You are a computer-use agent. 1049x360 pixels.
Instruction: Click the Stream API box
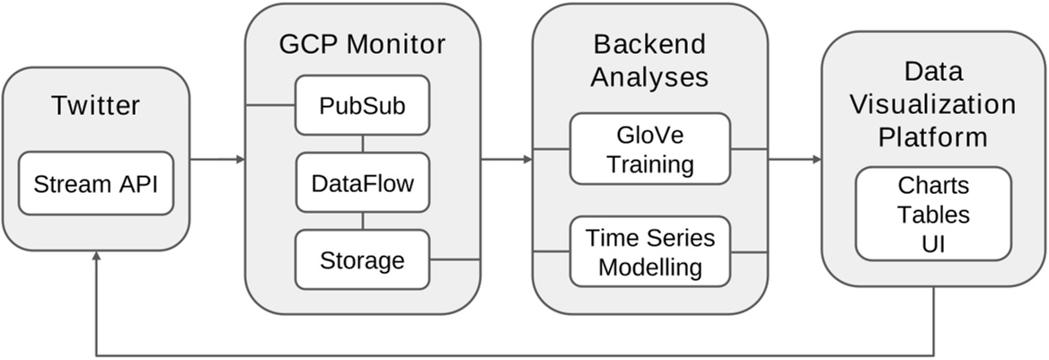point(95,184)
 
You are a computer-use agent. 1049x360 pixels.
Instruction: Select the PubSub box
point(362,106)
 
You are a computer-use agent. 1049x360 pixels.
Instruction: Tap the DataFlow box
point(362,184)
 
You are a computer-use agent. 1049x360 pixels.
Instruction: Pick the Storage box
point(362,260)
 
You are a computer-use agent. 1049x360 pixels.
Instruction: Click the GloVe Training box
point(650,150)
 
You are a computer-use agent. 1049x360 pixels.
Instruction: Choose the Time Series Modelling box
point(650,252)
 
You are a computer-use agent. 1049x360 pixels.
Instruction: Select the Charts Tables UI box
point(933,215)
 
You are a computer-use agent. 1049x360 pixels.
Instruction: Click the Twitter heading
point(95,106)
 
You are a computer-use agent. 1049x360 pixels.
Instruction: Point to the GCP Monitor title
point(362,44)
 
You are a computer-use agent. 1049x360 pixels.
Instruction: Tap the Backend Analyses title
point(650,60)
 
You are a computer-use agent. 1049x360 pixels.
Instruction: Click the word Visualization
point(933,104)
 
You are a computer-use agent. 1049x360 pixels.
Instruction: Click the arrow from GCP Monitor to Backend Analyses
point(507,160)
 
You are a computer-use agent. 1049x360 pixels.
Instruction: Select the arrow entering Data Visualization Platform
point(795,160)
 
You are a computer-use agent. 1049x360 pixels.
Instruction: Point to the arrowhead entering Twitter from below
point(95,258)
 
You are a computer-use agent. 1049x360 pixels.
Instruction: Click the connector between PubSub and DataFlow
point(362,144)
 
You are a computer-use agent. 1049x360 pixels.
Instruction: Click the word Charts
point(933,185)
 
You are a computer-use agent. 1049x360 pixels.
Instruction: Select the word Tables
point(933,215)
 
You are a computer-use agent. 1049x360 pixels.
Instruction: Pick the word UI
point(933,243)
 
